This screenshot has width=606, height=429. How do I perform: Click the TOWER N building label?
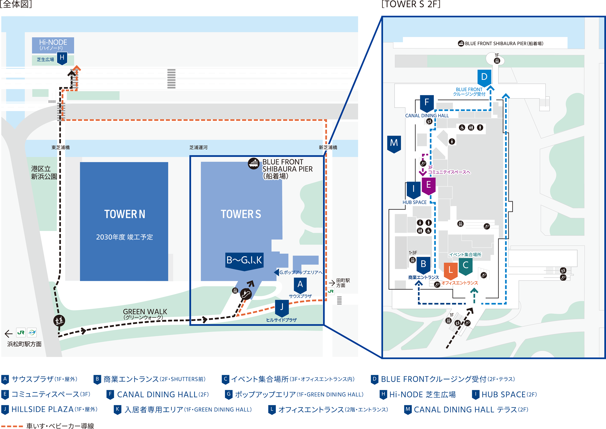click(124, 214)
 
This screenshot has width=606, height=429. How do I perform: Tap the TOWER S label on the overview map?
click(241, 214)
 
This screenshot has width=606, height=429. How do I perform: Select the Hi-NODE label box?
click(53, 45)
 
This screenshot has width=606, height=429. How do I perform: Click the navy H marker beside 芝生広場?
click(62, 58)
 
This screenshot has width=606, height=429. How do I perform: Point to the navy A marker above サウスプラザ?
click(300, 285)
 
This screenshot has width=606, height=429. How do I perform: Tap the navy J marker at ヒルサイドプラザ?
click(282, 307)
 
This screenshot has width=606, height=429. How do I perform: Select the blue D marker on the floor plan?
click(484, 77)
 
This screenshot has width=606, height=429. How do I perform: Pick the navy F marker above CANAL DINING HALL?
click(426, 103)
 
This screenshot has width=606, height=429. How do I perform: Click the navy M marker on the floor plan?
click(394, 143)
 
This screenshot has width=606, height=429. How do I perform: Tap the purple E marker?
click(428, 185)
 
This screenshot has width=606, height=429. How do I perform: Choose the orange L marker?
click(451, 270)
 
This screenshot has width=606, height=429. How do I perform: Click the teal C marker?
click(465, 265)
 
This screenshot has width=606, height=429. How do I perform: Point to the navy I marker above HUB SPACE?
click(413, 190)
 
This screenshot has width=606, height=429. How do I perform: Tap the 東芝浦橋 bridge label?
click(61, 147)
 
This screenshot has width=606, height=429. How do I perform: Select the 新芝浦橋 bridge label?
click(328, 147)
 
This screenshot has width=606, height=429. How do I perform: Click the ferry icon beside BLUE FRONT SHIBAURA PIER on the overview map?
click(254, 164)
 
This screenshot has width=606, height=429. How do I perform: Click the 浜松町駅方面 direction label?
click(24, 344)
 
